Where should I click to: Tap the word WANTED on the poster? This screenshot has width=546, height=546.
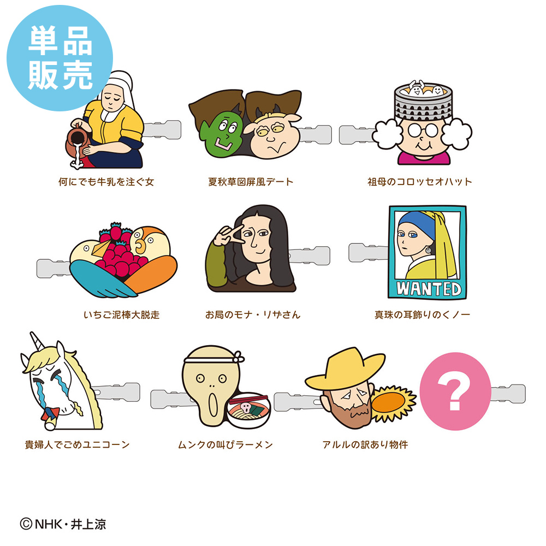click(428, 289)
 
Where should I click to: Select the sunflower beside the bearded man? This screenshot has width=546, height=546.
click(393, 403)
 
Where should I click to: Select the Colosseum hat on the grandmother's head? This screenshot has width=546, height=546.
click(423, 101)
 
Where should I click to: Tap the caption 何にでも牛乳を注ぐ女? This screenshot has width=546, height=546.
click(106, 182)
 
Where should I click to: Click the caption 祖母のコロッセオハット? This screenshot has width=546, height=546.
click(420, 182)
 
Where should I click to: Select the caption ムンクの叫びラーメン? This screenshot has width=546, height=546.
click(225, 444)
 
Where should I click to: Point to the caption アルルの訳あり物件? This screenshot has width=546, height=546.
click(365, 444)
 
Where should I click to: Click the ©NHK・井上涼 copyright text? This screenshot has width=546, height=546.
click(63, 524)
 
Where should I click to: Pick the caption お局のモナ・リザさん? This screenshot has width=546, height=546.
click(253, 315)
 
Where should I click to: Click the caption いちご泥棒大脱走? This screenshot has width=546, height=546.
click(122, 315)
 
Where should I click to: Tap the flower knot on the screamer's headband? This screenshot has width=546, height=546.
click(239, 357)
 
